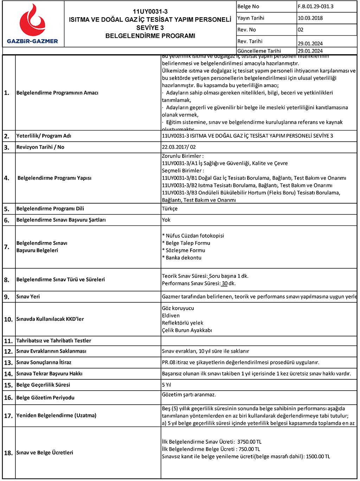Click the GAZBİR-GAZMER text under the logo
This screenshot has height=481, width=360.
32,41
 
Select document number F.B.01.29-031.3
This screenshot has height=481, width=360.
315,6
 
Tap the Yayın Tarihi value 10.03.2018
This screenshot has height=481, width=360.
310,18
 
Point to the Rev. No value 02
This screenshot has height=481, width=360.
301,30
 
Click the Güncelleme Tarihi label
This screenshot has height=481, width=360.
259,51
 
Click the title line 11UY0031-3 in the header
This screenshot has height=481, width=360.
150,12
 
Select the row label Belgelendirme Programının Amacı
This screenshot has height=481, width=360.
57,93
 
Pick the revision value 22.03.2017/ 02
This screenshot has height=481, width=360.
179,147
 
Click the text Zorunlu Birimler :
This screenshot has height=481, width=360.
183,156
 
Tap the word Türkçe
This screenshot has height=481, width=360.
170,209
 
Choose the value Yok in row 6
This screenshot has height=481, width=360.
166,220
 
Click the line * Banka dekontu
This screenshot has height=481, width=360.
182,258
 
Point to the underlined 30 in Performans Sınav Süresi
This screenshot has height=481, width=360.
225,283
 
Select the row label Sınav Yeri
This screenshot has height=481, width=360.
28,296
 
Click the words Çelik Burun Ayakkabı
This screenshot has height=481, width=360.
187,330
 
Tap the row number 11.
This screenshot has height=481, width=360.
8,341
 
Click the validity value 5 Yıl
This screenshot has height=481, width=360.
167,385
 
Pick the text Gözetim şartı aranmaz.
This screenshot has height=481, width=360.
189,395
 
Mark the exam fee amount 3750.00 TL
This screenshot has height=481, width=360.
249,442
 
